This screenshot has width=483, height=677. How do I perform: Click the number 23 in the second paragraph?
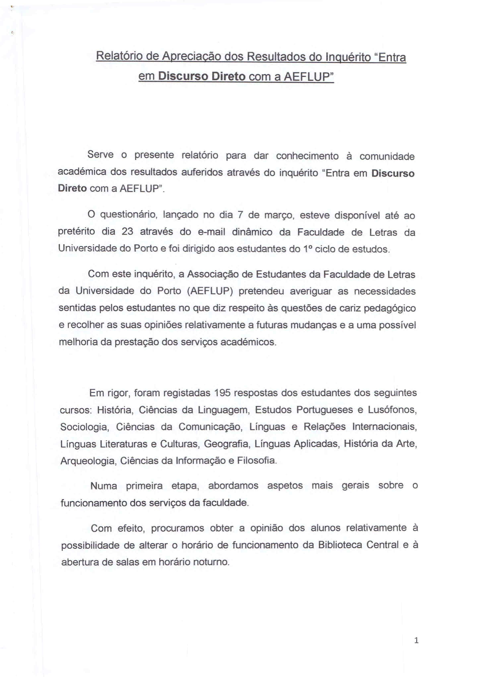click(x=127, y=231)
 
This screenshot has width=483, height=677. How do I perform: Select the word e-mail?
click(x=212, y=232)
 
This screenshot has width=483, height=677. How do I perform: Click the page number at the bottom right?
click(x=416, y=640)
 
